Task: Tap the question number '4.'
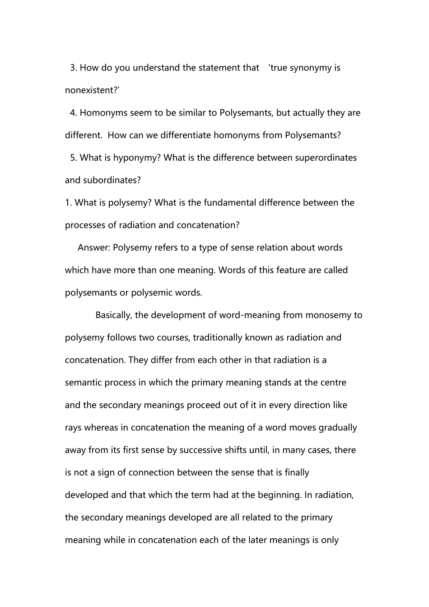74,113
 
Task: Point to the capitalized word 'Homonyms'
103,113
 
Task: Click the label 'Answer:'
94,247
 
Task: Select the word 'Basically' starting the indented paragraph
113,315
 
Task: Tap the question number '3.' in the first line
74,68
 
